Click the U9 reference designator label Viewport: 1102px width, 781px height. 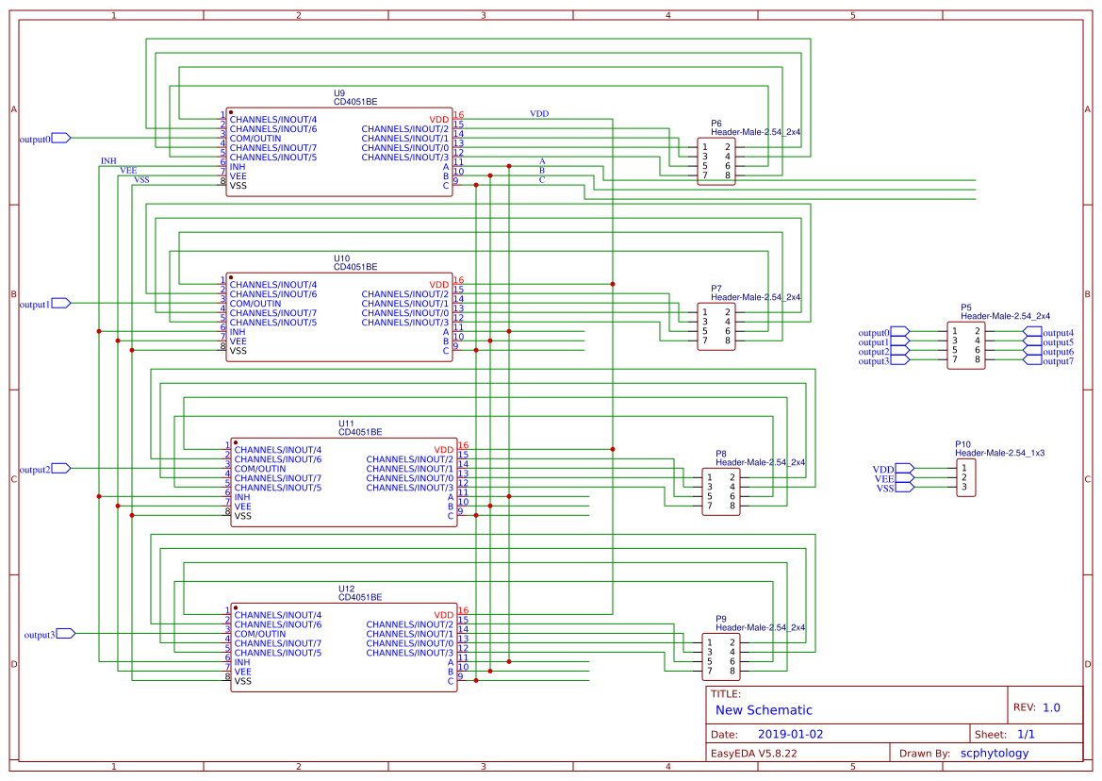[339, 92]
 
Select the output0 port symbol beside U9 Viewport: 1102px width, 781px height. [60, 138]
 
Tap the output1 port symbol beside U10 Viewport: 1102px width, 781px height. [60, 303]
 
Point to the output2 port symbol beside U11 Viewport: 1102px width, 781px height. [60, 469]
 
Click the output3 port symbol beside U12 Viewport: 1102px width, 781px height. [65, 634]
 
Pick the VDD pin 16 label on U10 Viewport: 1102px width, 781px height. [439, 285]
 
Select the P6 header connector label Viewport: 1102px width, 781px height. [716, 124]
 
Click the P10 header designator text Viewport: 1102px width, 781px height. [962, 443]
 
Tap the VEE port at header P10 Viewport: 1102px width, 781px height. [904, 478]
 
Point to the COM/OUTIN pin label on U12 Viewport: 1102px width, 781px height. [260, 634]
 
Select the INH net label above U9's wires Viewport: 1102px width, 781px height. [108, 161]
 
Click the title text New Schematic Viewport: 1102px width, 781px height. [764, 710]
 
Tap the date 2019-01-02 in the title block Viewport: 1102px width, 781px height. [791, 734]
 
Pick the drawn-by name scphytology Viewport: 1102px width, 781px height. [994, 753]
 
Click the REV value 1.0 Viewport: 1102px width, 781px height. [1051, 707]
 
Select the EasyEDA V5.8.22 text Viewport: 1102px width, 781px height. [753, 753]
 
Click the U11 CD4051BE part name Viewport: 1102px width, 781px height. [360, 432]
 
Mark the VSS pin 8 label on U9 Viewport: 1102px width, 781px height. [238, 186]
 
